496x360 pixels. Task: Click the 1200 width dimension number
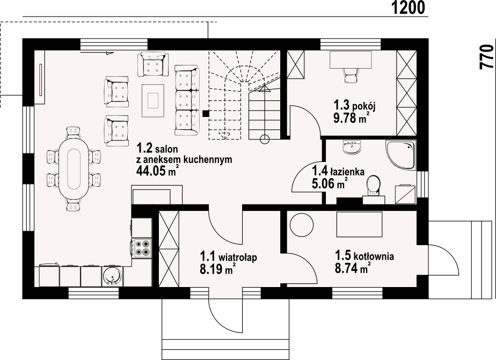[x=409, y=8]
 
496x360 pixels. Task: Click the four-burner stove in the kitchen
[x=142, y=248]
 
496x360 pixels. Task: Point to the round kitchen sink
[x=112, y=276]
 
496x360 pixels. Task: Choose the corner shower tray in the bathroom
[x=400, y=155]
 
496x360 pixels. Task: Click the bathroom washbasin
[x=352, y=148]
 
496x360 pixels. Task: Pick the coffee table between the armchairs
[x=153, y=100]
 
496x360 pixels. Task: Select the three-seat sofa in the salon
[x=187, y=100]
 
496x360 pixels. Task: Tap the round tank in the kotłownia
[x=302, y=224]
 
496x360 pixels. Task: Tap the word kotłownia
[x=374, y=256]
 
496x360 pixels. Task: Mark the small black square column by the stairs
[x=206, y=113]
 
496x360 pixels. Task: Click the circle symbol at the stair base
[x=265, y=139]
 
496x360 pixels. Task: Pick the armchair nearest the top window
[x=153, y=64]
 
